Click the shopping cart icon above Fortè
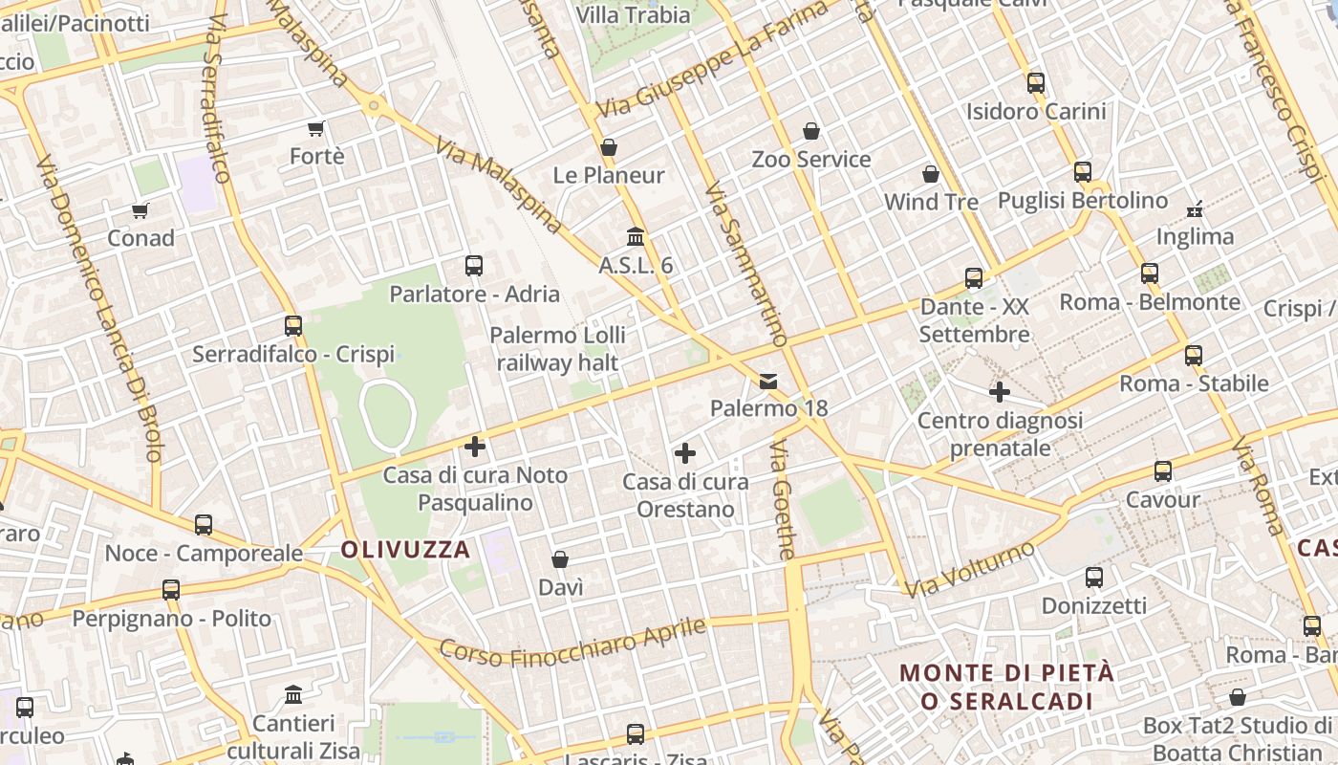[x=316, y=128]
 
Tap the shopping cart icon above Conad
[x=140, y=210]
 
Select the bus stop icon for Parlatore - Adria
[x=473, y=266]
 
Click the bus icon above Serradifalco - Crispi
[x=293, y=326]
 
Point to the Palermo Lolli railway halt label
[x=557, y=349]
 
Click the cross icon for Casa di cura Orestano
[x=684, y=453]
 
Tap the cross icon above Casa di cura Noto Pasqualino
[x=475, y=447]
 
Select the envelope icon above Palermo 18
[x=768, y=382]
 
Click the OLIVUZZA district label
[x=406, y=550]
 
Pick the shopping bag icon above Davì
[x=560, y=559]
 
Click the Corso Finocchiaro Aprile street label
[x=572, y=642]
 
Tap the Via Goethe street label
[x=783, y=500]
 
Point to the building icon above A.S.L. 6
[x=636, y=236]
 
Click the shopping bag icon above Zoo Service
[x=811, y=131]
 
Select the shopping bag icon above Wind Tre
[x=931, y=174]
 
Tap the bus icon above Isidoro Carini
[x=1036, y=83]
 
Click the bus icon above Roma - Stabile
[x=1194, y=356]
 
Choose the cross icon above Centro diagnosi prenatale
[x=1000, y=392]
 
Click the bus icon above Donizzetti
[x=1094, y=578]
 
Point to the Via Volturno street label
[x=970, y=570]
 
